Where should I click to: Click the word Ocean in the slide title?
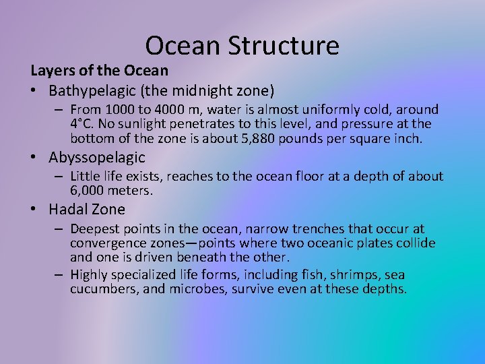coord(182,46)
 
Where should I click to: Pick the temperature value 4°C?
coord(82,124)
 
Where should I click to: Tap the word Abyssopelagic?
coord(97,158)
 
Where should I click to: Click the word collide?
coord(412,243)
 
